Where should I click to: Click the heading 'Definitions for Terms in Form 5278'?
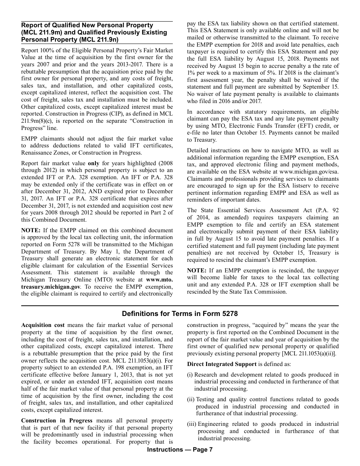(x=180, y=314)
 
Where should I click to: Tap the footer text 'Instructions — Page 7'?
(x=180, y=450)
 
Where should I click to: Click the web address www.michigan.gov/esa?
(x=308, y=172)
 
